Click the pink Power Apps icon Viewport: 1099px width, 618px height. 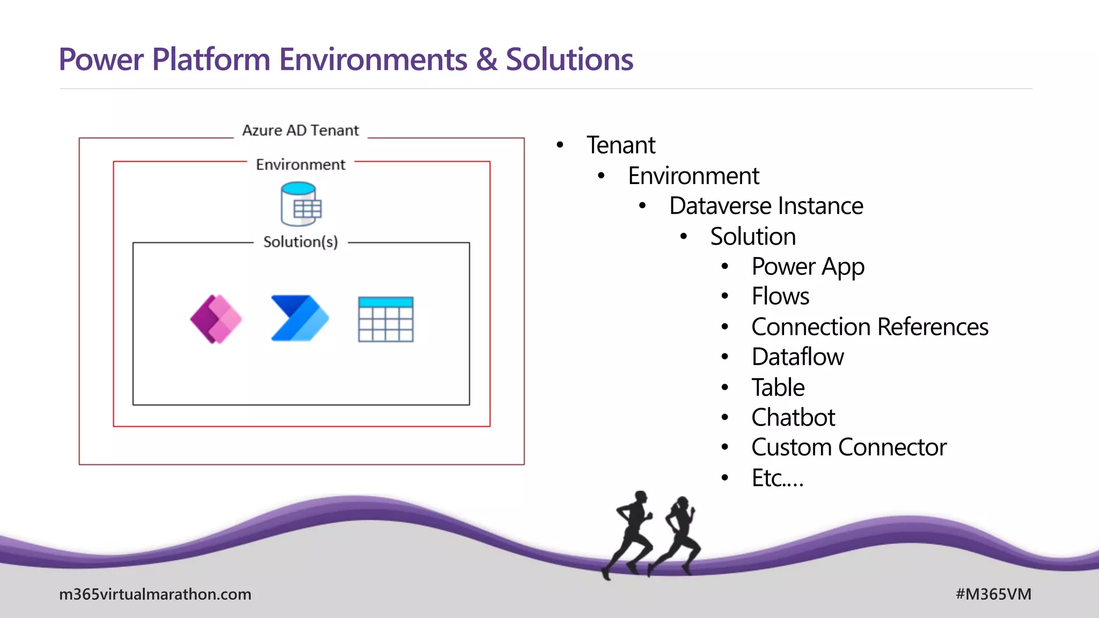[216, 319]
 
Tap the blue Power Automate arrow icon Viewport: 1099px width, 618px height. [299, 318]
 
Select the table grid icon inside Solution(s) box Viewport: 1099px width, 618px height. [385, 319]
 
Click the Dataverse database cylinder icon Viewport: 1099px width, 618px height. [301, 204]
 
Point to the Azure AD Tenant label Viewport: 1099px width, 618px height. [301, 130]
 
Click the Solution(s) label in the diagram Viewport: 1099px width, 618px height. [301, 242]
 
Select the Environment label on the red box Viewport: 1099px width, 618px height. [301, 165]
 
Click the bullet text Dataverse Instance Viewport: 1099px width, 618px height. [766, 206]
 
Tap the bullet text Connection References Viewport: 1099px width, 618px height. [869, 327]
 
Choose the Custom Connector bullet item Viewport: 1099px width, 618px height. [849, 447]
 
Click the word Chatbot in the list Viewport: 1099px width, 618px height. [793, 417]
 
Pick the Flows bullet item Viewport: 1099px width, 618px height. [780, 296]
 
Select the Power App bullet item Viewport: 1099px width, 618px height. [808, 267]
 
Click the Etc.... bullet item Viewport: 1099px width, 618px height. [778, 478]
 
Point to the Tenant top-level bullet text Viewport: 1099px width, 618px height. [621, 145]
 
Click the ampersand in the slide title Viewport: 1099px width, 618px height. [486, 59]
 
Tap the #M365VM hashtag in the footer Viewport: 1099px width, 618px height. [993, 594]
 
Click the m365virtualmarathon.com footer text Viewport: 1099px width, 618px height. [155, 594]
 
